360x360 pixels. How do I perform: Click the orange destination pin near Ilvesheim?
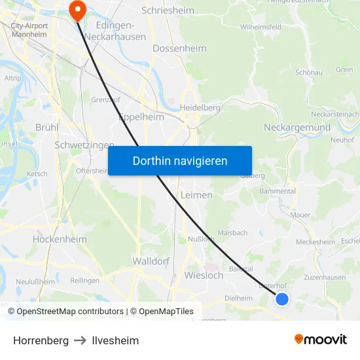[x=77, y=9]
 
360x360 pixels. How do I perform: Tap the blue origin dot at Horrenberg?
[x=282, y=299]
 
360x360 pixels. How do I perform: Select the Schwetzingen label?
[x=84, y=145]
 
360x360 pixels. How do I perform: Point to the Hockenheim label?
[x=60, y=240]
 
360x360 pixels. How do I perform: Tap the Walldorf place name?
[x=151, y=261]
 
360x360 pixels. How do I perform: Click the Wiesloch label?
[x=204, y=275]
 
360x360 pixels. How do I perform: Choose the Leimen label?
[x=196, y=195]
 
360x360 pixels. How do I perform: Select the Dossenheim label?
[x=179, y=48]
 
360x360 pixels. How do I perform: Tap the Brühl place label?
[x=46, y=127]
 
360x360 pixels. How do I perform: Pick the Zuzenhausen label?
[x=325, y=278]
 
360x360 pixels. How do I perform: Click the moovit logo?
[x=320, y=340]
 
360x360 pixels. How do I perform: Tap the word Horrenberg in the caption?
[x=41, y=340]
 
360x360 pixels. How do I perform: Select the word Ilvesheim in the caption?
[x=115, y=340]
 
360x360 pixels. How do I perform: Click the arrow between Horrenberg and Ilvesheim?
[x=80, y=340]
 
